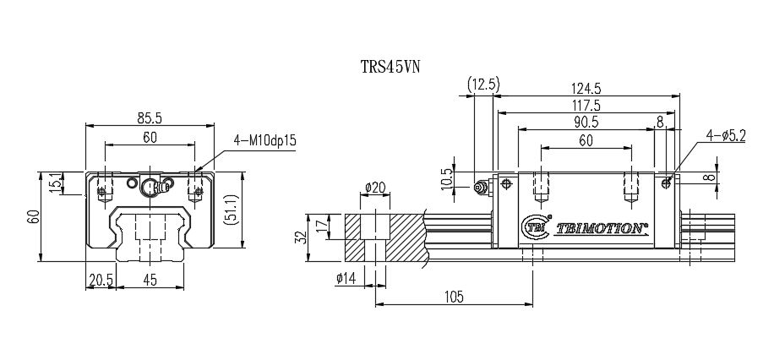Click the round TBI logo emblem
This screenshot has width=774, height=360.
pos(535,226)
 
